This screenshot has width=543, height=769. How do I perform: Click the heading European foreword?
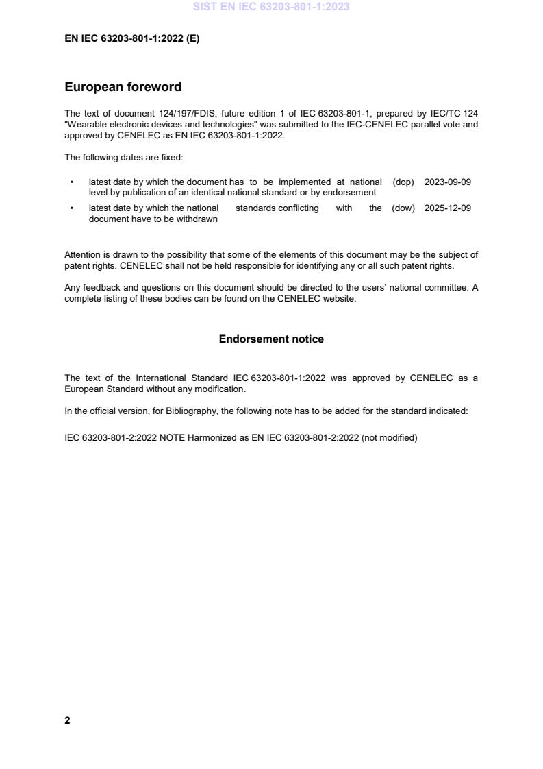tap(123, 87)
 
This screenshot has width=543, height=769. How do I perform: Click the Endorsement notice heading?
tap(271, 339)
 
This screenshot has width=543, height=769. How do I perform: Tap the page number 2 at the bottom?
tap(67, 720)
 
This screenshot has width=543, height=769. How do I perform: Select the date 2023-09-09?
tap(447, 182)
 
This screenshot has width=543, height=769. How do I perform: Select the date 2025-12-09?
tap(447, 208)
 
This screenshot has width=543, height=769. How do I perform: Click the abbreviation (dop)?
tap(403, 182)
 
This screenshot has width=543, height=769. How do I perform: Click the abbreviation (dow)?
tap(403, 208)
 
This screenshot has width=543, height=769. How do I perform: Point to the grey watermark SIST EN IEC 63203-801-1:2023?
tap(271, 7)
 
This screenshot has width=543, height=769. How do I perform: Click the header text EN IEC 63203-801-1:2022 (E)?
tap(132, 39)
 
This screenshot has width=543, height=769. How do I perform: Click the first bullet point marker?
tap(72, 182)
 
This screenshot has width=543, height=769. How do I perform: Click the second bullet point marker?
tap(72, 208)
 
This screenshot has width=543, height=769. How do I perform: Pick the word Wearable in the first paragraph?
tap(87, 125)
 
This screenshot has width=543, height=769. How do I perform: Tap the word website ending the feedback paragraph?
tap(340, 298)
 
